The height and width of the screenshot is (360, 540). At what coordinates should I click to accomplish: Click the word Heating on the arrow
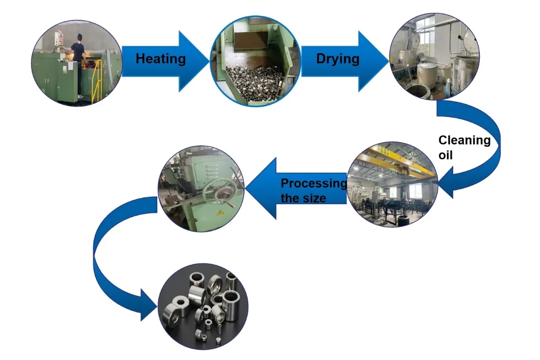point(160,59)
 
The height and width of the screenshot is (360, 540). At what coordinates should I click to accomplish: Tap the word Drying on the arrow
point(338,58)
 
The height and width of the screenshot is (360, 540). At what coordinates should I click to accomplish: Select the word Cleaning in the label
point(464,141)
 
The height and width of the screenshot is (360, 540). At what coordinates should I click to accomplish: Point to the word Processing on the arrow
point(314,183)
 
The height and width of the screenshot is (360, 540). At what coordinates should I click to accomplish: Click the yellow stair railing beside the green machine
point(97,80)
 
